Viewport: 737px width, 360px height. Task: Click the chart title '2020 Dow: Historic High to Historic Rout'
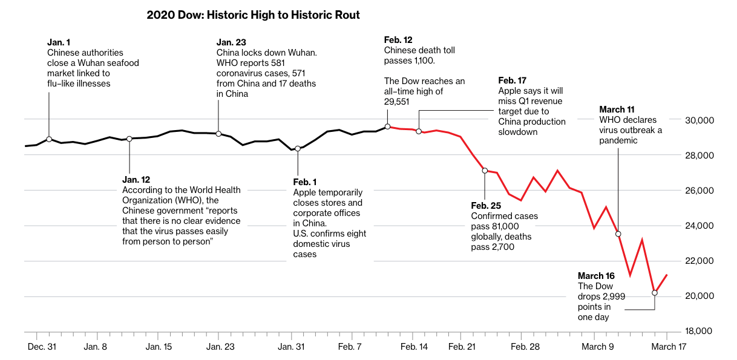(x=253, y=15)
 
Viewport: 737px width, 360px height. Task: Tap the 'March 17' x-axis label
(x=668, y=347)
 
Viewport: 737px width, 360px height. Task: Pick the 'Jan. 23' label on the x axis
(x=220, y=347)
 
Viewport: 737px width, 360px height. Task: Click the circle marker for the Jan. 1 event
(x=49, y=139)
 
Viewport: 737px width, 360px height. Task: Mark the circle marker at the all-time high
(x=387, y=126)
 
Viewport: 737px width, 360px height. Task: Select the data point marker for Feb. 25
(x=485, y=171)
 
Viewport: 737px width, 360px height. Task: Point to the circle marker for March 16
(x=655, y=293)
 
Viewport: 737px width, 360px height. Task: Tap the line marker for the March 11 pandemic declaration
(x=618, y=234)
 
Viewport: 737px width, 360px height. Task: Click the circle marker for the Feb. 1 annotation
(x=297, y=149)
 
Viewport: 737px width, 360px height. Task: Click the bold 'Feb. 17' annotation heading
(x=513, y=80)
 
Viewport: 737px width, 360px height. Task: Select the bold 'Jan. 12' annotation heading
(x=136, y=180)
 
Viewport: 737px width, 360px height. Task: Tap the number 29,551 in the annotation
(x=396, y=102)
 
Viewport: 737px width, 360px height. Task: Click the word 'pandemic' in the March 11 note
(x=619, y=140)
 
